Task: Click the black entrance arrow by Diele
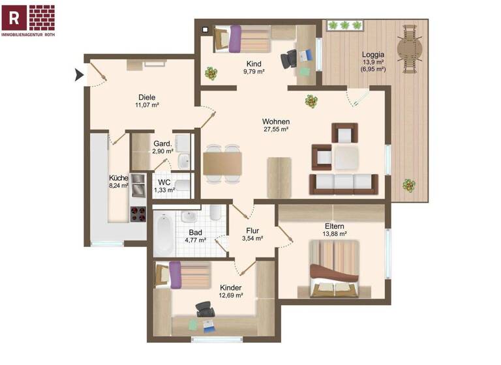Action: click(x=80, y=75)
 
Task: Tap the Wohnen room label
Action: click(x=276, y=122)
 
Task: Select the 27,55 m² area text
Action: click(x=276, y=130)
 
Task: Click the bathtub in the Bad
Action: click(x=164, y=233)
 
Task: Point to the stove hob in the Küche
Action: click(x=138, y=213)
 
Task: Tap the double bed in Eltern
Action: click(x=334, y=268)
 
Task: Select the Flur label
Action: click(x=253, y=230)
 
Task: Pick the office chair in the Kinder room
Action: click(x=205, y=308)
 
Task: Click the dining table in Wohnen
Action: click(x=222, y=163)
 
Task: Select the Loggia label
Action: click(x=374, y=55)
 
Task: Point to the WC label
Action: click(x=164, y=182)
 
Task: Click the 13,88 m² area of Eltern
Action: click(x=334, y=233)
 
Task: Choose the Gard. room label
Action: click(x=162, y=143)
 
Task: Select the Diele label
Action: click(x=147, y=97)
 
